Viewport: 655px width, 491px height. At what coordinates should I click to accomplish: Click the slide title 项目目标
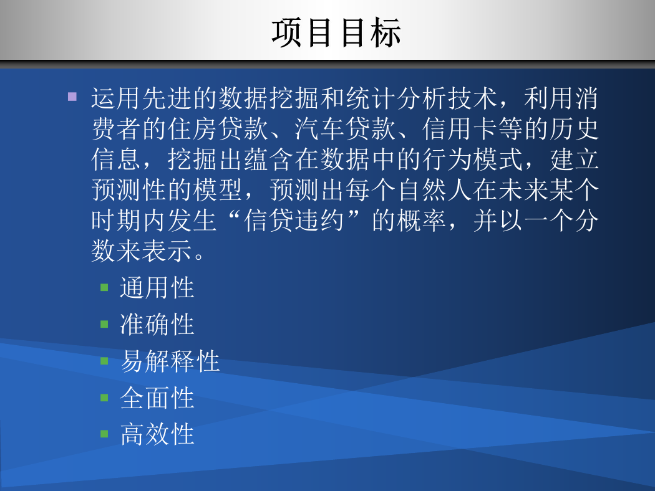click(336, 32)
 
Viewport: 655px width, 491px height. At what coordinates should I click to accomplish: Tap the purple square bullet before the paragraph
click(72, 97)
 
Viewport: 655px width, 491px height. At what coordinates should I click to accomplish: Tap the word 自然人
click(435, 190)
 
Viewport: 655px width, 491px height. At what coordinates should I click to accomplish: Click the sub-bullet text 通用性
click(157, 288)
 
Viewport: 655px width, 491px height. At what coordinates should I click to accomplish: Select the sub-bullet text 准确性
click(157, 325)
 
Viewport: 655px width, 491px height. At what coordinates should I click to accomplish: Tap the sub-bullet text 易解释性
click(170, 361)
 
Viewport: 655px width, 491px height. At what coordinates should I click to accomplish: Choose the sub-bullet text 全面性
click(157, 398)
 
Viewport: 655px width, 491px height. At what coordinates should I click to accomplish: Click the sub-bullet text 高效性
click(157, 434)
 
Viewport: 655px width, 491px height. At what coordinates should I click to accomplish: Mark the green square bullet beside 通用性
click(104, 287)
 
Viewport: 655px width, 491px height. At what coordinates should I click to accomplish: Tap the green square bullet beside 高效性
click(104, 434)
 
